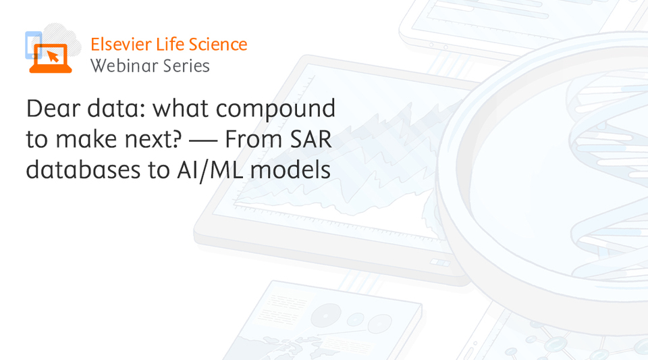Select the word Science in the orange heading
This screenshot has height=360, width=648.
pyautogui.click(x=218, y=44)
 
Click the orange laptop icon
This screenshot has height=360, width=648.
pyautogui.click(x=51, y=59)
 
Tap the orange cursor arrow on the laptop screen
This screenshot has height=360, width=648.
pyautogui.click(x=53, y=56)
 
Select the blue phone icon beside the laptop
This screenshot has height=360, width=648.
pyautogui.click(x=32, y=45)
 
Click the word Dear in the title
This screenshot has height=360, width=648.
pyautogui.click(x=53, y=108)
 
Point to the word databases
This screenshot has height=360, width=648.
pyautogui.click(x=83, y=170)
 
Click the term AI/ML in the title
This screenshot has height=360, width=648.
pyautogui.click(x=209, y=170)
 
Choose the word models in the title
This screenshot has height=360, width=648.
pyautogui.click(x=290, y=170)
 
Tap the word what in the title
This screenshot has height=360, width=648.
pyautogui.click(x=181, y=108)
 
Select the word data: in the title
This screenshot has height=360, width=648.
pyautogui.click(x=116, y=108)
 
